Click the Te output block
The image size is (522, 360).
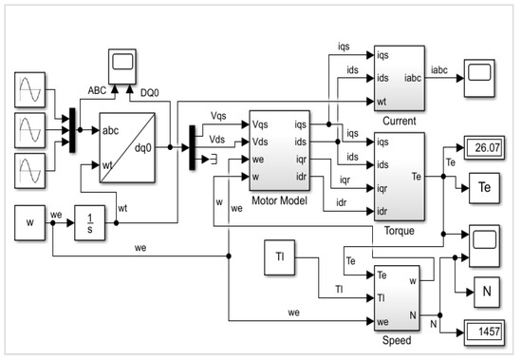(x=486, y=186)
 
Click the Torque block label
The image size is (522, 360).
(x=400, y=229)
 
